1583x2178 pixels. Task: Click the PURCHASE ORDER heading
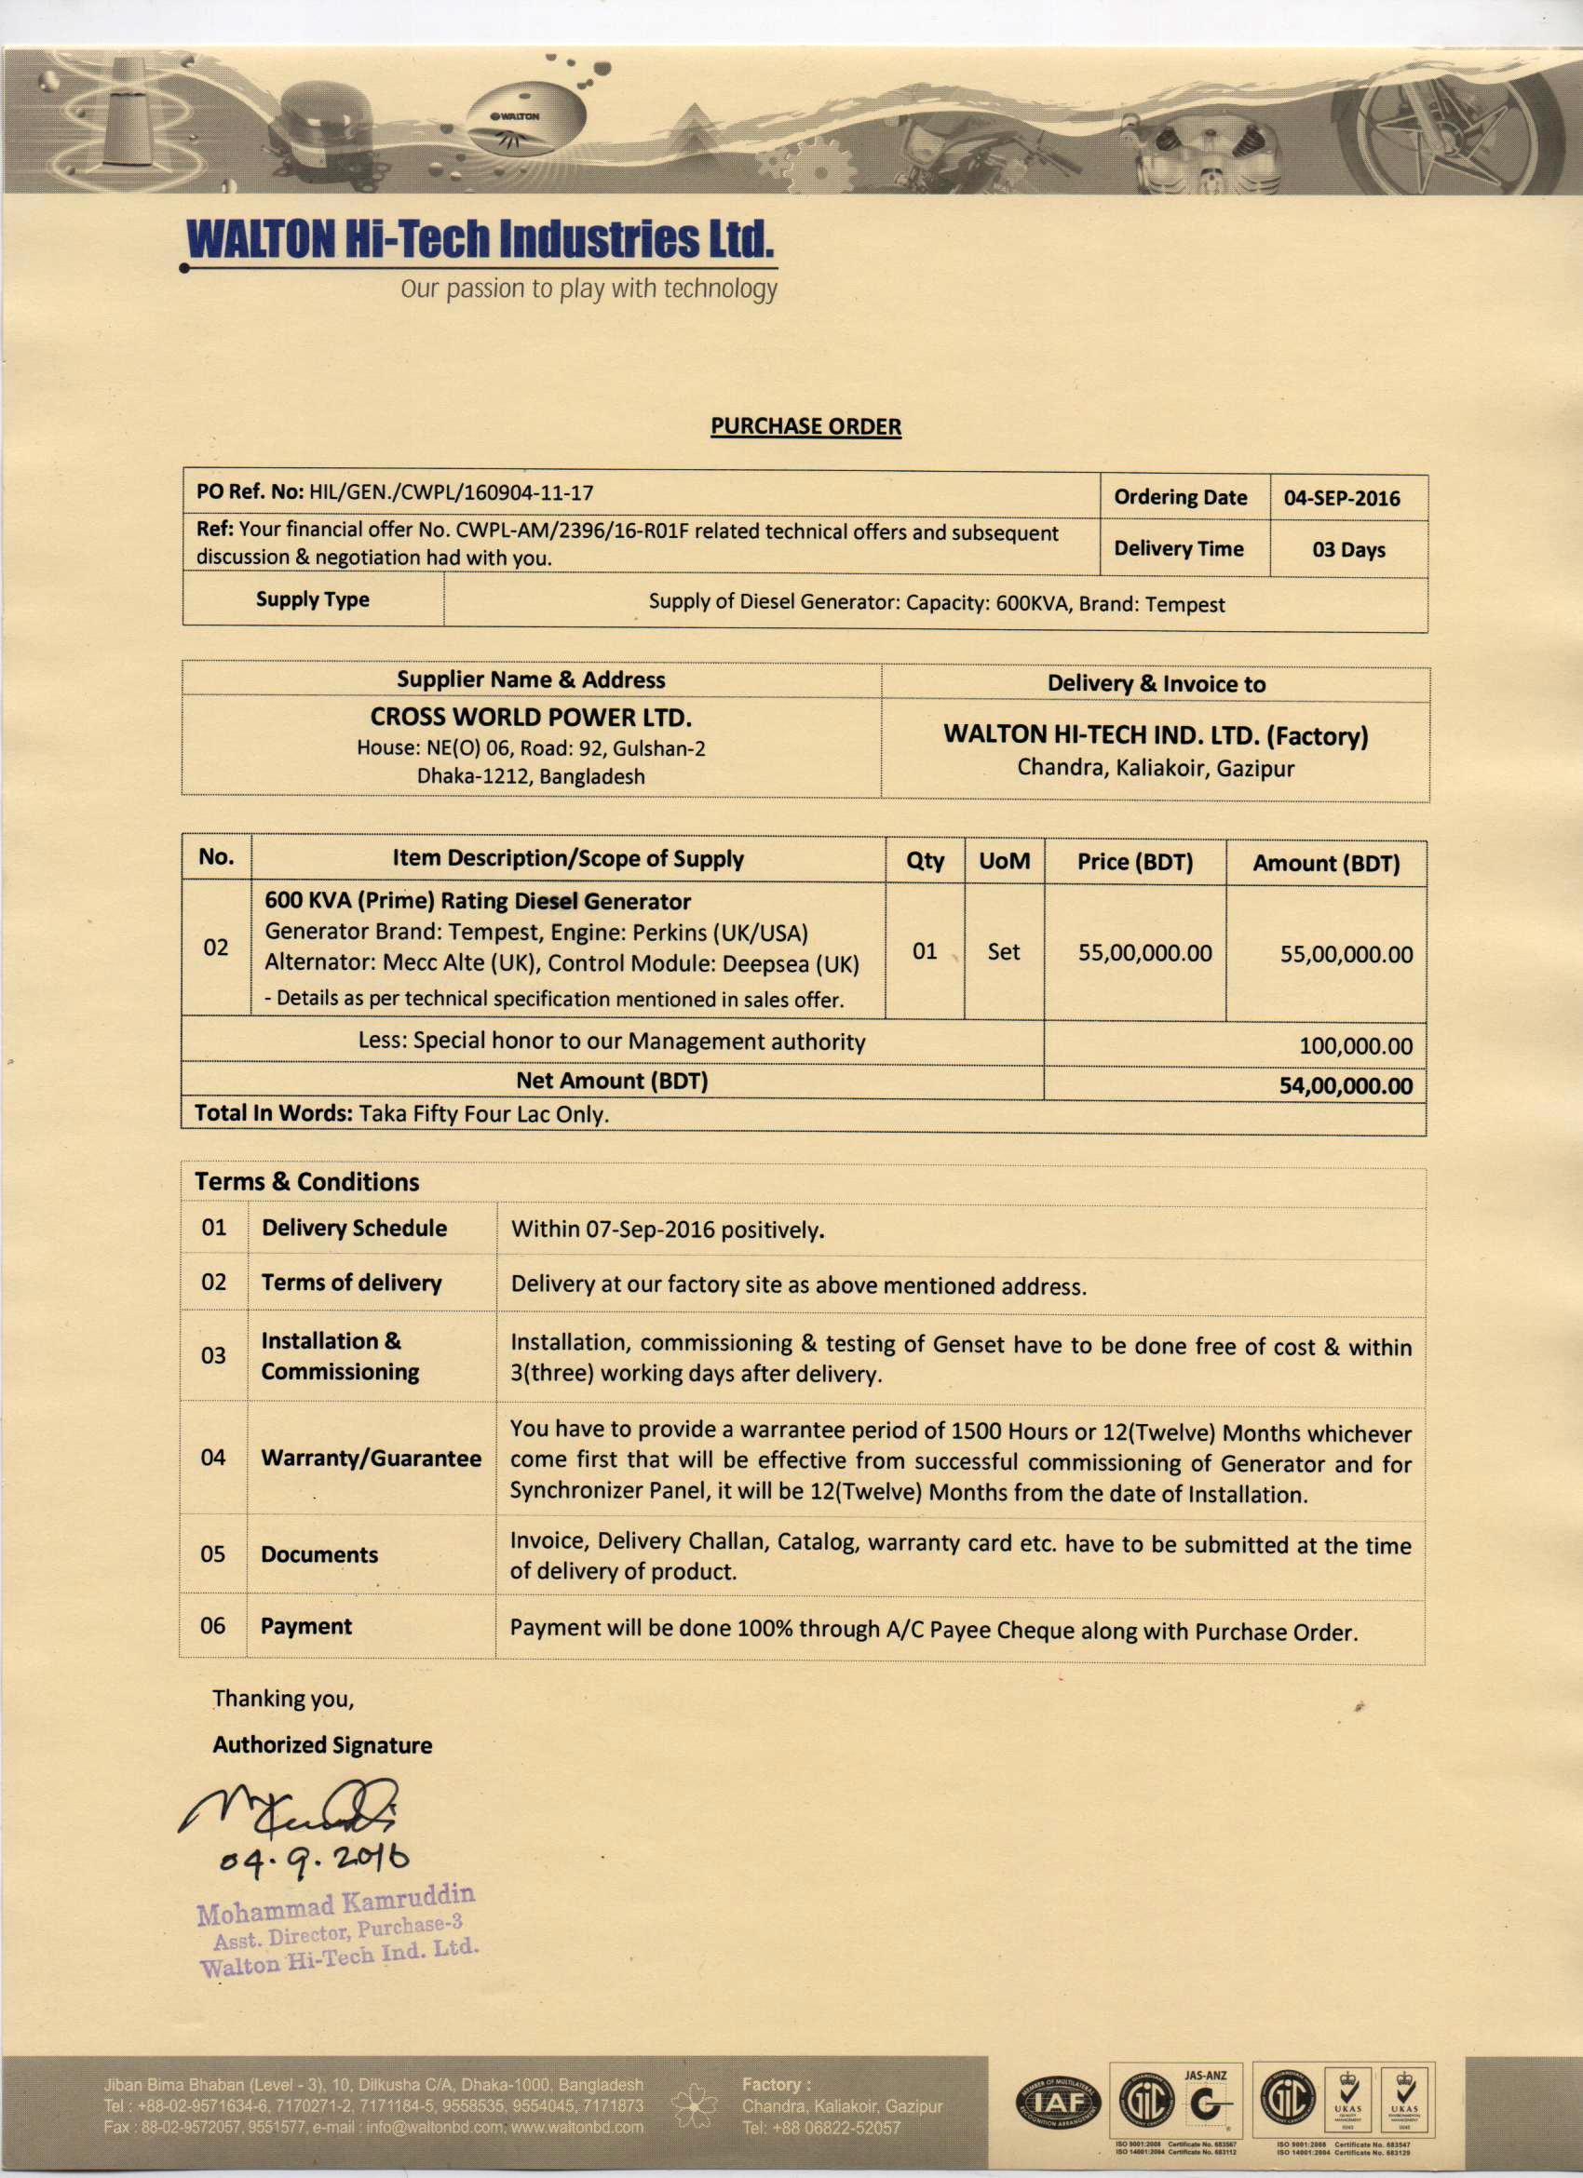805,426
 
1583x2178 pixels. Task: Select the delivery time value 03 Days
1347,550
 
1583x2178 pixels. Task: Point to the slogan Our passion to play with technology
588,289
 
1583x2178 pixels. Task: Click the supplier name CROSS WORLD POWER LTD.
530,718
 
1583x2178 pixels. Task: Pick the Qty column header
924,860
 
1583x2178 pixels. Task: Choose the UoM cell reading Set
1003,951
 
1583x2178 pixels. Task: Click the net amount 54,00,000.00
1346,1086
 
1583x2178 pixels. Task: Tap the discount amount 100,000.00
1356,1046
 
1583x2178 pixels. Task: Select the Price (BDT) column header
1134,861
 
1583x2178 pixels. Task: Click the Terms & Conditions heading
306,1181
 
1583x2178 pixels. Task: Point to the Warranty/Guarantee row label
371,1458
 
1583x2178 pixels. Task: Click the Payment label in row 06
306,1626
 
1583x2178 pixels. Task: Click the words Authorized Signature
322,1745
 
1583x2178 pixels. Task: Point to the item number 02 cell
215,948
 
